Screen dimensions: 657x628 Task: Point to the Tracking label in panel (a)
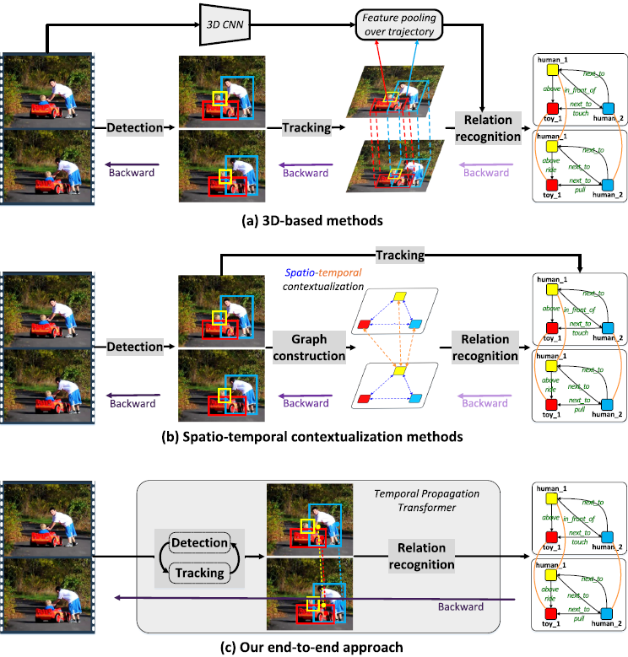(x=306, y=127)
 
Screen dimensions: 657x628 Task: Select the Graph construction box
(x=308, y=347)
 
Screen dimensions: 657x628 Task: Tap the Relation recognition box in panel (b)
(x=485, y=347)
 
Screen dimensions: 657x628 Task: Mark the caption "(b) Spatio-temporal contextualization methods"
(x=314, y=437)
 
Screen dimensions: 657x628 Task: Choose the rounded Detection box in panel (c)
(x=199, y=543)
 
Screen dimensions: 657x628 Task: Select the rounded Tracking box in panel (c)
(x=199, y=573)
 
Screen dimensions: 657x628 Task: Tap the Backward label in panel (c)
(x=460, y=606)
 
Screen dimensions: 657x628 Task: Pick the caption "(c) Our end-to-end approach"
(x=313, y=646)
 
